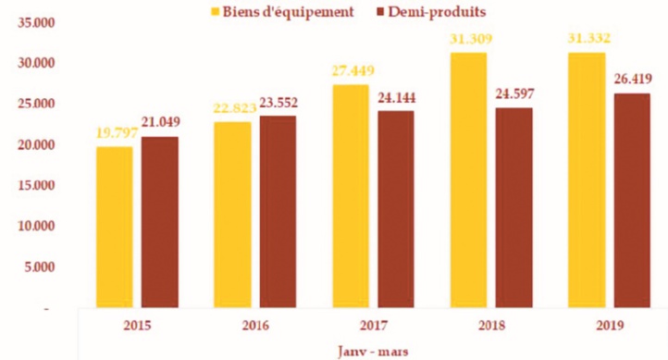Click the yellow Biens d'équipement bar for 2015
tap(115, 227)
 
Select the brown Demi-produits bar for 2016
tap(278, 211)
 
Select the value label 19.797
tap(115, 133)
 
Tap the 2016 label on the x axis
tap(256, 326)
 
